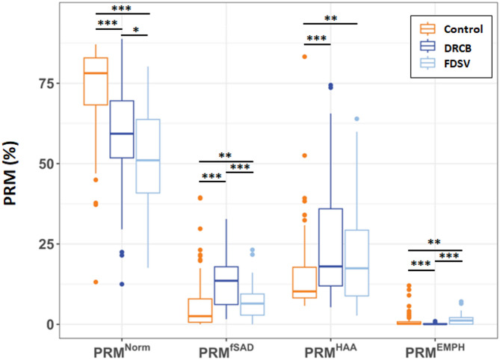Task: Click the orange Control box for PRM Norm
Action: (95, 81)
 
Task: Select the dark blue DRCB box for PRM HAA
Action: (330, 247)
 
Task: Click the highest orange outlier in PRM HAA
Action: (304, 57)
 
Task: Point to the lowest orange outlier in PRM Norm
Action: (95, 282)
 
